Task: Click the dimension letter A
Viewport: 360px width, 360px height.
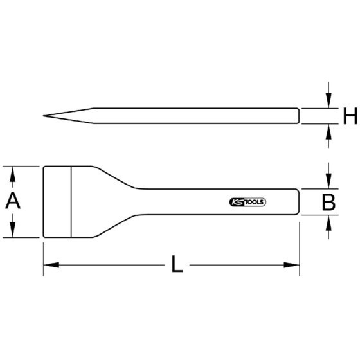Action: [13, 201]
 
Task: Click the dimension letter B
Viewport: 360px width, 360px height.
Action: [328, 202]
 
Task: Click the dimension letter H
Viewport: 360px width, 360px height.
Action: [350, 116]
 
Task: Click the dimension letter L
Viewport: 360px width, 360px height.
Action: [177, 264]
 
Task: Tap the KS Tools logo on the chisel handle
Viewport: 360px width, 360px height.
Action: [248, 203]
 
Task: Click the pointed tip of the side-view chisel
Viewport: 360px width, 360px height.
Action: [43, 116]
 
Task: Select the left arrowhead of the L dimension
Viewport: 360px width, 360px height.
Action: [51, 265]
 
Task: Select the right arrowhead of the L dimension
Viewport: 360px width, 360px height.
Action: [292, 265]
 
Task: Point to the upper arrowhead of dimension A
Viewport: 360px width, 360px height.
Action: [13, 174]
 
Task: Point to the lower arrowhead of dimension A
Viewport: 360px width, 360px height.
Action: [13, 230]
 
